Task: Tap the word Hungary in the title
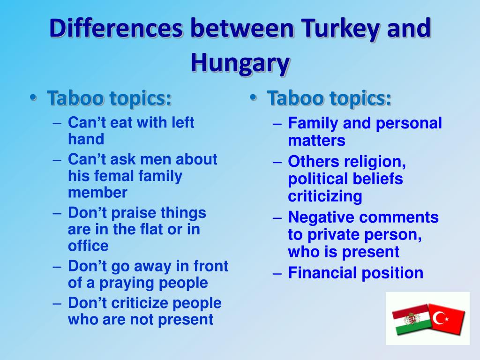[240, 63]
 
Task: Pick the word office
[88, 246]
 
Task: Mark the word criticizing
[325, 196]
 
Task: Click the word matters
[316, 141]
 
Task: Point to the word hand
[86, 139]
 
